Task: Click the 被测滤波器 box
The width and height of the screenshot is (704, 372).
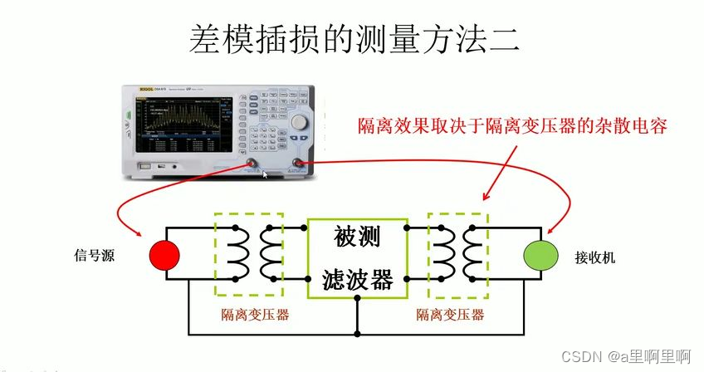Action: pyautogui.click(x=357, y=259)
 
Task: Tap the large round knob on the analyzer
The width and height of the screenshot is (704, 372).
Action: pyautogui.click(x=299, y=121)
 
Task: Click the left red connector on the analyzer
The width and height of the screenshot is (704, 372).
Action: pyautogui.click(x=249, y=164)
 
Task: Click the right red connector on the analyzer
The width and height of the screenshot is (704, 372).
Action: pyautogui.click(x=297, y=164)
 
